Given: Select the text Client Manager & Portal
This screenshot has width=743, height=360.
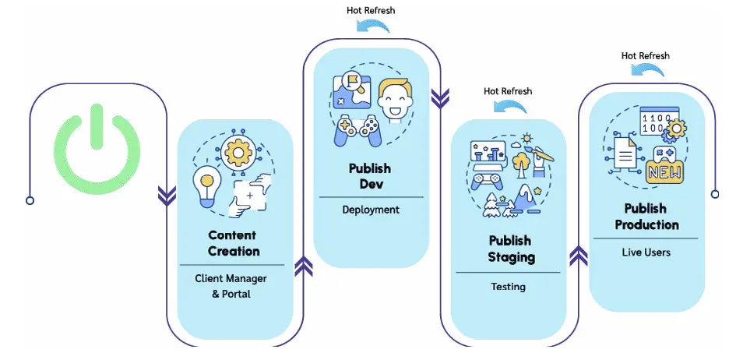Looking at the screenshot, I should coord(231,286).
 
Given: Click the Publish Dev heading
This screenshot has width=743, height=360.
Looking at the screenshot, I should coord(370,175).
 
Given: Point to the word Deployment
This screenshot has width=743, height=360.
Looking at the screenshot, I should coord(371,210).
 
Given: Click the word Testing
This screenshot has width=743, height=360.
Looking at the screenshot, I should coord(508,287).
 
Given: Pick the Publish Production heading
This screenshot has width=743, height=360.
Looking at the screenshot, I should coord(646,217).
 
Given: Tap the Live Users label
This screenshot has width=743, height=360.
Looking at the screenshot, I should coord(646,252).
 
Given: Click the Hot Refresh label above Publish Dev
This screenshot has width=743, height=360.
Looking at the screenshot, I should coord(371,10).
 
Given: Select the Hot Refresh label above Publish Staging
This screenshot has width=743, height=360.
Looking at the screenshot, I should coord(508,91).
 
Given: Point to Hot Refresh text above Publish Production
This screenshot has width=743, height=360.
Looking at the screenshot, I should coord(645,55).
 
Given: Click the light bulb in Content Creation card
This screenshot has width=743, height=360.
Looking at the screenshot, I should coord(207,185).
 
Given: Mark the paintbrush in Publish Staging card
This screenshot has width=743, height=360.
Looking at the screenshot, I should coord(541,153).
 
